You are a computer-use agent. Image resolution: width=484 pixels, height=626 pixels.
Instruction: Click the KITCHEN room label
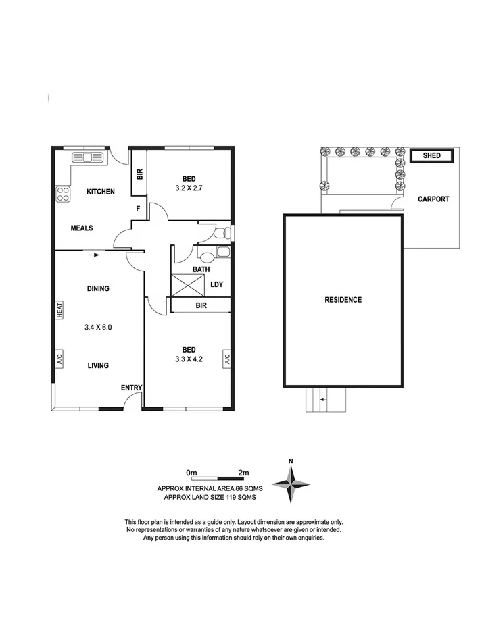tap(100, 192)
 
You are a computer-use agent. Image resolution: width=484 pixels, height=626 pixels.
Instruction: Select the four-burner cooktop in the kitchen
tap(63, 194)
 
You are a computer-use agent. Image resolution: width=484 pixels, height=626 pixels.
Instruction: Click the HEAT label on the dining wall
tap(59, 309)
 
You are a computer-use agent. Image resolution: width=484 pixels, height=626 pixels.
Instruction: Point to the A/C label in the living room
tap(59, 359)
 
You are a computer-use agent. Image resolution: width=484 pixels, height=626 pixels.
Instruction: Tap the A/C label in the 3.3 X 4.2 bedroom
tap(226, 359)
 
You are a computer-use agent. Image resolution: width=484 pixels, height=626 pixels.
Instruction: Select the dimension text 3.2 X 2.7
tap(180, 190)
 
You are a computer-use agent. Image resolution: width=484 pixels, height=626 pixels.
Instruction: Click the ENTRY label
tap(131, 388)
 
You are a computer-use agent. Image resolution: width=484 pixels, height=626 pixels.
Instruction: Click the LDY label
tap(216, 284)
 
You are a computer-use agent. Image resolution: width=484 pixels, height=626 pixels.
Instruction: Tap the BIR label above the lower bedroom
tap(201, 306)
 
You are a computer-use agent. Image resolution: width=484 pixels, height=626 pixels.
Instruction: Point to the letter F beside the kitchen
tap(138, 209)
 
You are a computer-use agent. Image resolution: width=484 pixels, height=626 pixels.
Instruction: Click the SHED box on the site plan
tap(431, 156)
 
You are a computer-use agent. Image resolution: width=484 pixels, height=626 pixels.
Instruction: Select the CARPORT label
tap(433, 199)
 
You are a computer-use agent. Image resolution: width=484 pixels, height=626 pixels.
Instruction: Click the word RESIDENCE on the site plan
tap(343, 300)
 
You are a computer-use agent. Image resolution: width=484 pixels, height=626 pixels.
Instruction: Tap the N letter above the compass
tap(291, 461)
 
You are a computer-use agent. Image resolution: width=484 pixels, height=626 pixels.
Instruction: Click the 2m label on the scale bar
tap(244, 472)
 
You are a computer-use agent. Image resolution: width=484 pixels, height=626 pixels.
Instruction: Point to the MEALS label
tap(82, 228)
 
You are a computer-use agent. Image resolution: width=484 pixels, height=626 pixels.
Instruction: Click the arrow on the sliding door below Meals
tap(94, 255)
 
